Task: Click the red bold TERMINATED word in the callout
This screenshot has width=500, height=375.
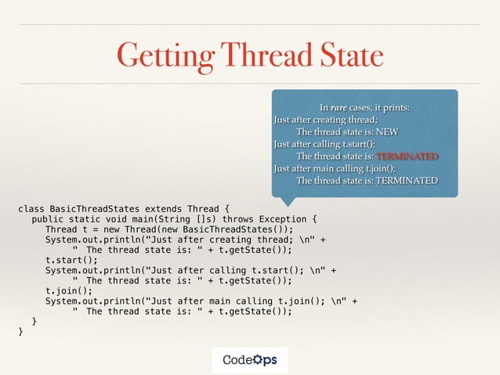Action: click(406, 156)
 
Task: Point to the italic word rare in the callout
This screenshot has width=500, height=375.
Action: click(339, 106)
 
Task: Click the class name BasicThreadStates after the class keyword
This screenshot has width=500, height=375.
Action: click(93, 208)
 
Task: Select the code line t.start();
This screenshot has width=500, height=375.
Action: click(72, 260)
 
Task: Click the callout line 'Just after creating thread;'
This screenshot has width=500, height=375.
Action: click(324, 119)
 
